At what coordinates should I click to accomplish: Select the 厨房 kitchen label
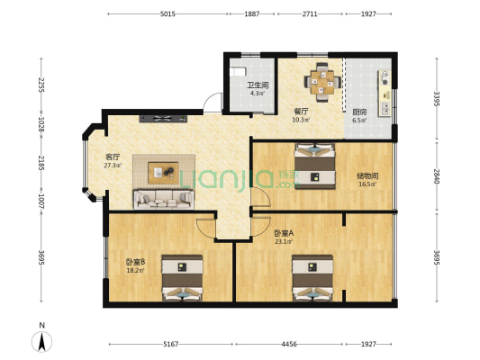(x=358, y=112)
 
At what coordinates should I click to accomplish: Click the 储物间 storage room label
(x=367, y=175)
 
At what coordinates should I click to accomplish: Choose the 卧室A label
(x=285, y=232)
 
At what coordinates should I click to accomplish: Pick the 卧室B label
(x=136, y=262)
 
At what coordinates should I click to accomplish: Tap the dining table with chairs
(x=322, y=81)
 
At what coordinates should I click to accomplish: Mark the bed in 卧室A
(x=312, y=278)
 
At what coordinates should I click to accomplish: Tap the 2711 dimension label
(x=309, y=14)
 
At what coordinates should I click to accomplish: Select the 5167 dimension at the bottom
(x=170, y=344)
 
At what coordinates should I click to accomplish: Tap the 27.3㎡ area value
(x=113, y=166)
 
